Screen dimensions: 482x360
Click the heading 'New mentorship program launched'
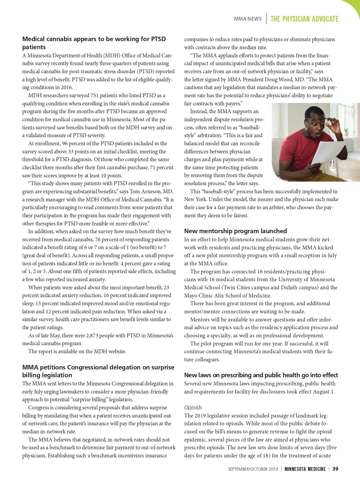235,231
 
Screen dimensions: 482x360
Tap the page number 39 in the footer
335,469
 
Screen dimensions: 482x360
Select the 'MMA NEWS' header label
248,19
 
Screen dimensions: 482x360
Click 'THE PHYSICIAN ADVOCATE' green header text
304,19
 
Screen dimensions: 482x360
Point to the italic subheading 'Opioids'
193,408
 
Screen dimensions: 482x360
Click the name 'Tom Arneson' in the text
145,191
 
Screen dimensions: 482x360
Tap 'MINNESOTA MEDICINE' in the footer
305,469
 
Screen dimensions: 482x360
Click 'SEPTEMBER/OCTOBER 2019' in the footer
253,469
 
